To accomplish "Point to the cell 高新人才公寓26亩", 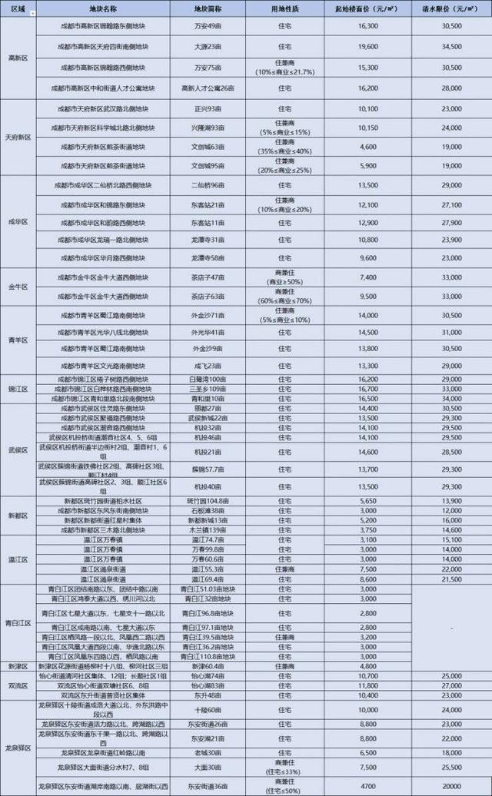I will (x=208, y=88).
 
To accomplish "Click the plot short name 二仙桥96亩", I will (x=208, y=186).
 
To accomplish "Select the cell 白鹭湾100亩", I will (x=208, y=380).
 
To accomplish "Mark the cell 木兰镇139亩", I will (x=208, y=529).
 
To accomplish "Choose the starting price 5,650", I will (x=367, y=500).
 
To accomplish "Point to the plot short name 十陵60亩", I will (x=208, y=709).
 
